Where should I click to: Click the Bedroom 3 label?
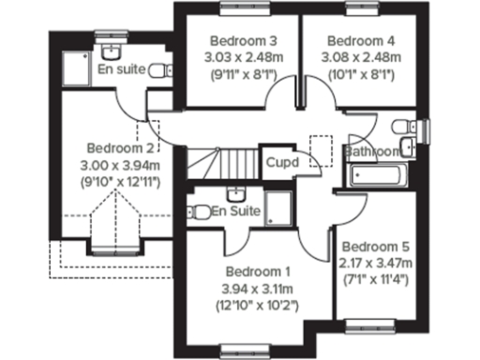[x=243, y=41]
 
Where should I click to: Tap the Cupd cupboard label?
[x=281, y=162]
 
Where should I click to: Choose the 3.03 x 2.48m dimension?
[x=243, y=57]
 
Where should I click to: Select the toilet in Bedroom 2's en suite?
[x=162, y=68]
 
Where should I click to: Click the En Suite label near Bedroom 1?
[x=234, y=211]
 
